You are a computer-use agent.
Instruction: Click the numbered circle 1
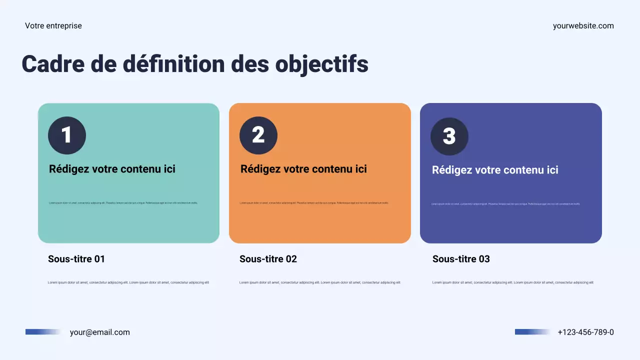coord(67,135)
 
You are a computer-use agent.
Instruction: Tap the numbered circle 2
coord(258,135)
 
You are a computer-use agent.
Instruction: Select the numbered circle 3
coord(449,136)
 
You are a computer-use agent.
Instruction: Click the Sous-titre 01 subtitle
coord(76,259)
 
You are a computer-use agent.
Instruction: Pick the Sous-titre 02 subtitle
coord(268,259)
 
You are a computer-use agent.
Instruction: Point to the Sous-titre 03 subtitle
coord(461,259)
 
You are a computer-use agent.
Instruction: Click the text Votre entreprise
coord(53,26)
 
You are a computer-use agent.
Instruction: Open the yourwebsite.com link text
coord(583,26)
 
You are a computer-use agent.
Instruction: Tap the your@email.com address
coord(99,332)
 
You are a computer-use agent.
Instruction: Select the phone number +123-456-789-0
coord(585,332)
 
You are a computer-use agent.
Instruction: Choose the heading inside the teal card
coord(112,169)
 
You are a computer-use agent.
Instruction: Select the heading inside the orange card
coord(303,169)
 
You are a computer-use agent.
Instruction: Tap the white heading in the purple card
coord(495,170)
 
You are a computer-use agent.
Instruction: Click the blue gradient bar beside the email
coord(43,332)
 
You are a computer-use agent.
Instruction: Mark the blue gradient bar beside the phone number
coord(532,332)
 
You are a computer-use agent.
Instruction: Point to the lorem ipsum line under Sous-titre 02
coord(320,282)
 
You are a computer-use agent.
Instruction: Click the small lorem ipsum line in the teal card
coord(123,203)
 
